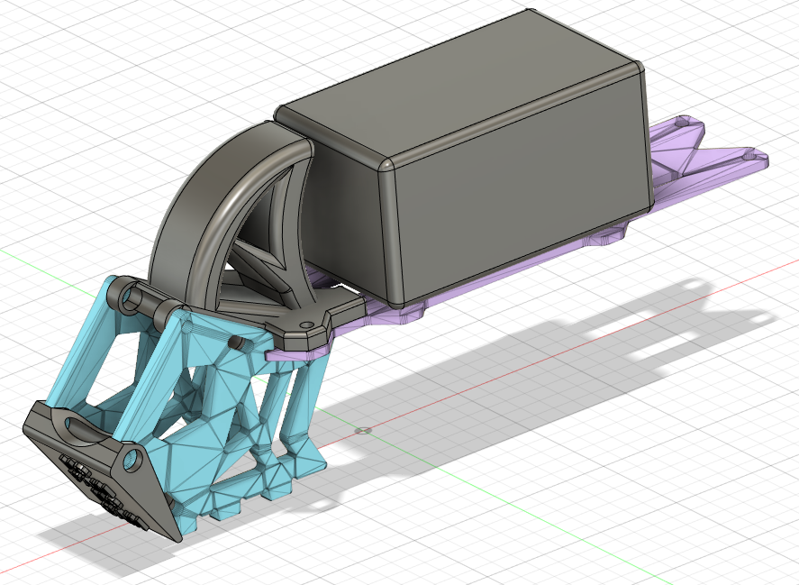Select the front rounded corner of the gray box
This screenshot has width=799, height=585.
coord(386,166)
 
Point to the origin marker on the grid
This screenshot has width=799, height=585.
coord(362,431)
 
